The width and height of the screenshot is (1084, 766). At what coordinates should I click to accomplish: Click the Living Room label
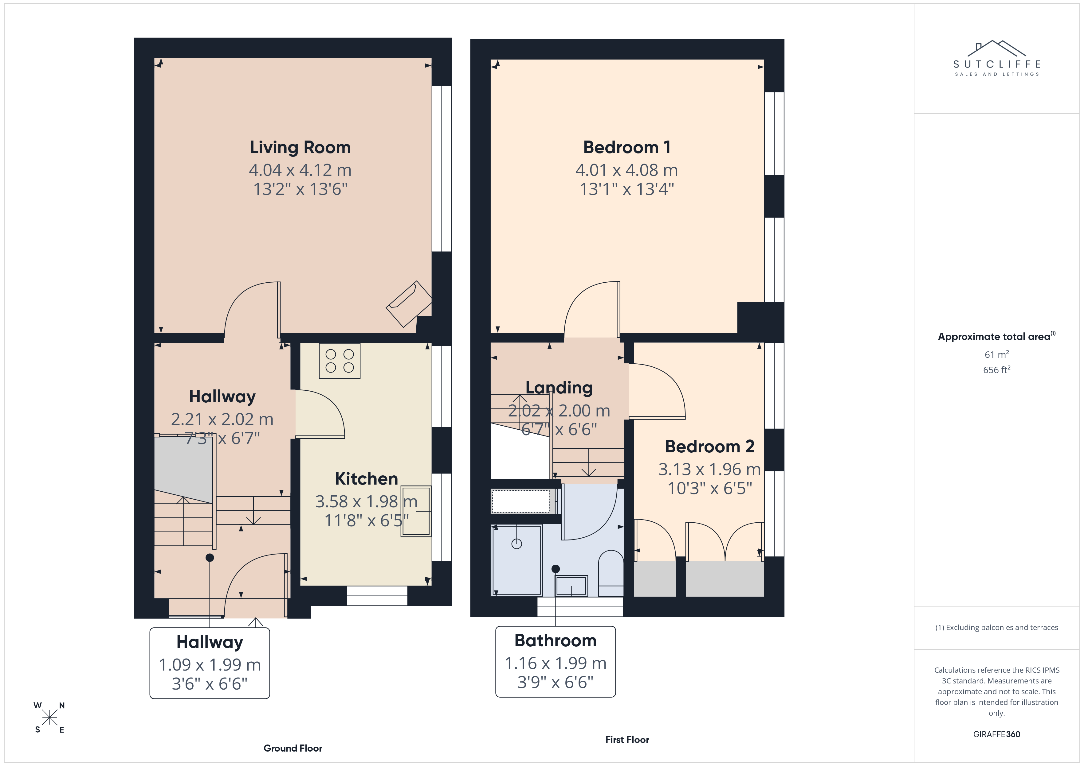point(300,148)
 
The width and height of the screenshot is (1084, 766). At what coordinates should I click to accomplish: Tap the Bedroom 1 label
point(627,147)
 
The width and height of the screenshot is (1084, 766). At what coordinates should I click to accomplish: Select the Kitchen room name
point(366,479)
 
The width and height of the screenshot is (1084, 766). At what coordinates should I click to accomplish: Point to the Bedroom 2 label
point(709,446)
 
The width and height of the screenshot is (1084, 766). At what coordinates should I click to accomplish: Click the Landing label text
point(559,388)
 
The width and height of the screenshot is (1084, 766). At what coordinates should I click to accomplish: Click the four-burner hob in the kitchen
point(340,361)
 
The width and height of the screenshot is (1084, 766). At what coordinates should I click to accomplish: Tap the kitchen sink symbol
point(416,511)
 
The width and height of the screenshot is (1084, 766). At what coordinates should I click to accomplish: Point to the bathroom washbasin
point(571,586)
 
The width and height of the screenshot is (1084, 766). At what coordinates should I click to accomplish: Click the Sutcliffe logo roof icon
point(997,48)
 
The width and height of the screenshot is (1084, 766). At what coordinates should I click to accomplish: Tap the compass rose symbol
point(49,718)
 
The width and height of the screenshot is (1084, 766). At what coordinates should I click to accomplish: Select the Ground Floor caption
point(293,748)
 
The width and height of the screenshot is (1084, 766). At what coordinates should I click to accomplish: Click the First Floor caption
point(627,740)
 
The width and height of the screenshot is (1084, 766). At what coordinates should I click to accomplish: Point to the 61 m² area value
point(997,354)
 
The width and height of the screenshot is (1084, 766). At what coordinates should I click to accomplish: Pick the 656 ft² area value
point(997,370)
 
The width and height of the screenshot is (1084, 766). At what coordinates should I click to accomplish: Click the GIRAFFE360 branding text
point(997,734)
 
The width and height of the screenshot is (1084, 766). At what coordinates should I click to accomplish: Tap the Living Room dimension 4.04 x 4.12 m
point(300,170)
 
